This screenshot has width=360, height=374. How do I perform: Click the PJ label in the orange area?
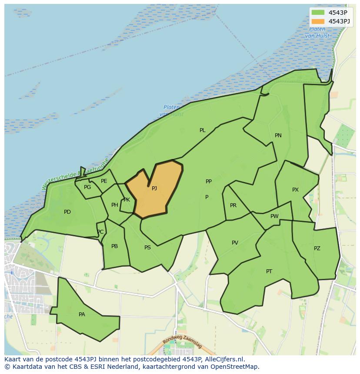[154, 189]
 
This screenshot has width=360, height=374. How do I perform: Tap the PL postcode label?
[203, 130]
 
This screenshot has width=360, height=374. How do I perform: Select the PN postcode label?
[278, 136]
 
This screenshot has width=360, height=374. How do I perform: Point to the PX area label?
[296, 190]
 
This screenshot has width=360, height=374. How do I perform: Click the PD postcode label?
[67, 212]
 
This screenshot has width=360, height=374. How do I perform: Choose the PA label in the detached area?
[82, 314]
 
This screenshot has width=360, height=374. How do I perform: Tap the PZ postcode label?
[317, 248]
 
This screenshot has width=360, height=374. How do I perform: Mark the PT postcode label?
[269, 271]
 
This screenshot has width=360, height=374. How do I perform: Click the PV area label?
[235, 243]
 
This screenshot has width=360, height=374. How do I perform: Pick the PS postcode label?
[147, 248]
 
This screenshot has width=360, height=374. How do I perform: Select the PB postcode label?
[114, 246]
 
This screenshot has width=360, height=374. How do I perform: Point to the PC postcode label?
[100, 232]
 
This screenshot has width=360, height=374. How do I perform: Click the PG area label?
[87, 187]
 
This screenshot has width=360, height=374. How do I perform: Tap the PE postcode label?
[104, 181]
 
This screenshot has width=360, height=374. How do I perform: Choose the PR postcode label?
[233, 205]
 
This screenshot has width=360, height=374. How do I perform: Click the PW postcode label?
[274, 216]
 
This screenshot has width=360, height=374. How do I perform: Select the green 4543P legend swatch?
[318, 12]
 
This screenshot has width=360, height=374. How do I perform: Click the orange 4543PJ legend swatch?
[318, 21]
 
